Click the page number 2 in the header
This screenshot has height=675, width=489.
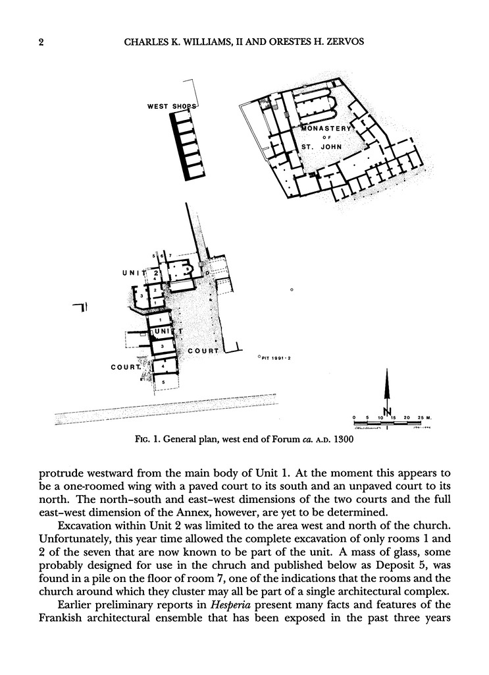click(x=40, y=43)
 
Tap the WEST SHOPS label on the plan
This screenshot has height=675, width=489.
click(x=171, y=105)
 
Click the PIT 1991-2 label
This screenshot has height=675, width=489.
click(x=276, y=358)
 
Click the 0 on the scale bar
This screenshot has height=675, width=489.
click(x=354, y=418)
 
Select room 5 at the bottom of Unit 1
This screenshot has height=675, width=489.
click(x=163, y=382)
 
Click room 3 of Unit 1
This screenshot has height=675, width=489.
click(x=162, y=345)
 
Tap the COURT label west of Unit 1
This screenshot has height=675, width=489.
click(x=126, y=367)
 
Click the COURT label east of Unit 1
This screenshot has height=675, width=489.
click(x=203, y=351)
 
